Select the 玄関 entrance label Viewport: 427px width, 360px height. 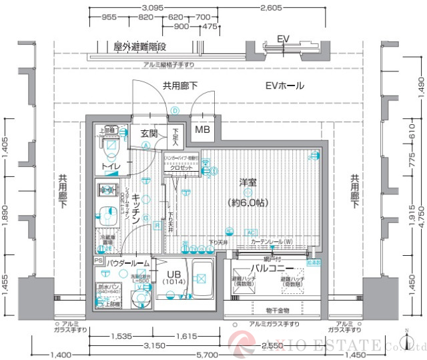pyautogui.click(x=149, y=133)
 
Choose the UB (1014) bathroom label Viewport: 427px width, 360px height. pyautogui.click(x=173, y=277)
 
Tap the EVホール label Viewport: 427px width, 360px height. pyautogui.click(x=284, y=85)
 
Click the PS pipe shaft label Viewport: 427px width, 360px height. pyautogui.click(x=98, y=260)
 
